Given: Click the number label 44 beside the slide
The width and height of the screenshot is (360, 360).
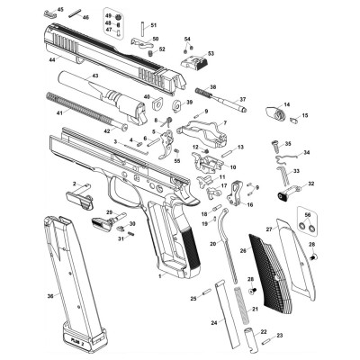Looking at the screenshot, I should click(52, 59).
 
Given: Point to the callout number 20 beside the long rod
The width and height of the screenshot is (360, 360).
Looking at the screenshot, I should click(212, 244).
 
